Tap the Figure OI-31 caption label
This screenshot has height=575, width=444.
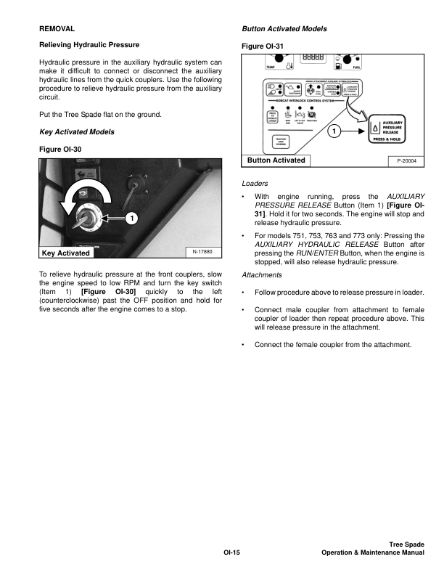pyautogui.click(x=262, y=46)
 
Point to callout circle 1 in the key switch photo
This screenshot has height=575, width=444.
pyautogui.click(x=131, y=218)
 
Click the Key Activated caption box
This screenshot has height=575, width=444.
pyautogui.click(x=66, y=253)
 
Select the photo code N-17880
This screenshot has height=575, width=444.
pyautogui.click(x=203, y=252)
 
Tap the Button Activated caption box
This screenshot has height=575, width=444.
pyautogui.click(x=276, y=160)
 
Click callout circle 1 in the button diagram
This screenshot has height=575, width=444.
pyautogui.click(x=333, y=132)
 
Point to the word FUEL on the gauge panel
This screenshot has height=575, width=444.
pyautogui.click(x=355, y=67)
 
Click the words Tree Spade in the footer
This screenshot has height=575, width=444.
pyautogui.click(x=406, y=544)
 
